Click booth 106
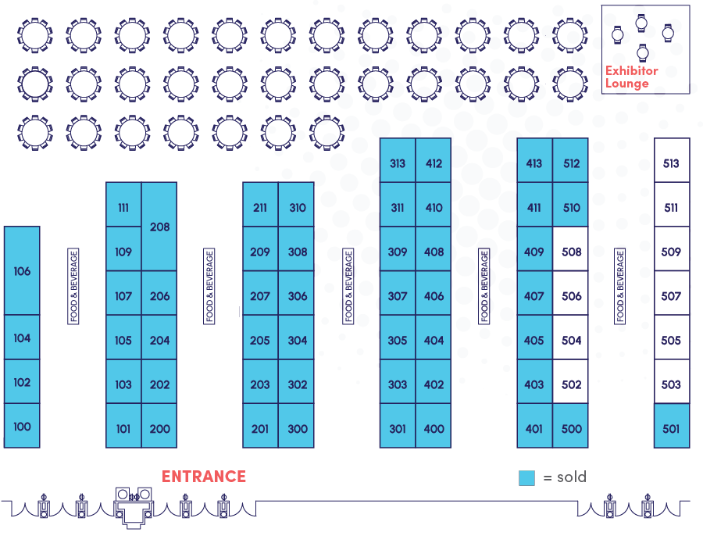click(22, 270)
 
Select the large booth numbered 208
click(159, 227)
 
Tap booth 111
click(123, 208)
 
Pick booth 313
click(398, 163)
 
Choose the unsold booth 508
click(571, 252)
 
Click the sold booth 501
click(671, 427)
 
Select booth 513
click(671, 163)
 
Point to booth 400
click(434, 428)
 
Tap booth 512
click(571, 163)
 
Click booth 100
click(22, 427)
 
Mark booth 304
click(297, 340)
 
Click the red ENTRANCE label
click(204, 477)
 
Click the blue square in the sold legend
click(526, 477)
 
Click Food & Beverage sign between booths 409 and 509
click(619, 286)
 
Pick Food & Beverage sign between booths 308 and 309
click(348, 286)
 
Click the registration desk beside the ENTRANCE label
click(134, 507)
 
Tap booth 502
click(571, 384)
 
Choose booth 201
click(260, 428)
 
